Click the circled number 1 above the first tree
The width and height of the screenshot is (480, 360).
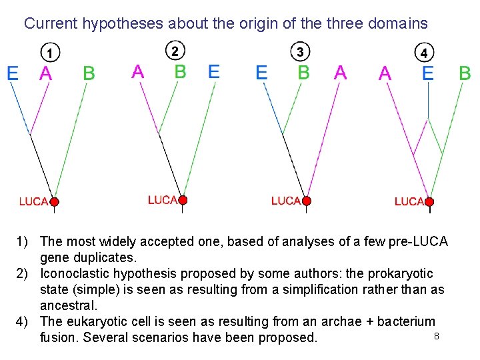click(50, 51)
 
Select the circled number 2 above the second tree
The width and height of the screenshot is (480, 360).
click(175, 50)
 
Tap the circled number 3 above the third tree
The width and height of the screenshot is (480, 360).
click(300, 51)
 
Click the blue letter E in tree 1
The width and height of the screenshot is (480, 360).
click(13, 73)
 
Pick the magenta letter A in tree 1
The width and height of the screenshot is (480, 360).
click(45, 73)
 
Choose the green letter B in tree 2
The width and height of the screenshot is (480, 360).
click(180, 71)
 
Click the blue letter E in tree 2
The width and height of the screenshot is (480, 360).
click(213, 71)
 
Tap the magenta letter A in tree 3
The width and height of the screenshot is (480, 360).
click(340, 72)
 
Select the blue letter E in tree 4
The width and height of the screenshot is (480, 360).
click(428, 73)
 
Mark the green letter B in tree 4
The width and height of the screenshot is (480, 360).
click(465, 73)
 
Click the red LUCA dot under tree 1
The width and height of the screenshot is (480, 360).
click(55, 201)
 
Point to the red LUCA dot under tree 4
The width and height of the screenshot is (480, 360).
click(430, 201)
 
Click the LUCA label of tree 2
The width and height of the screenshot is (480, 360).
click(162, 200)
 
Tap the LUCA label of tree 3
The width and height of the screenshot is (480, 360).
click(286, 201)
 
